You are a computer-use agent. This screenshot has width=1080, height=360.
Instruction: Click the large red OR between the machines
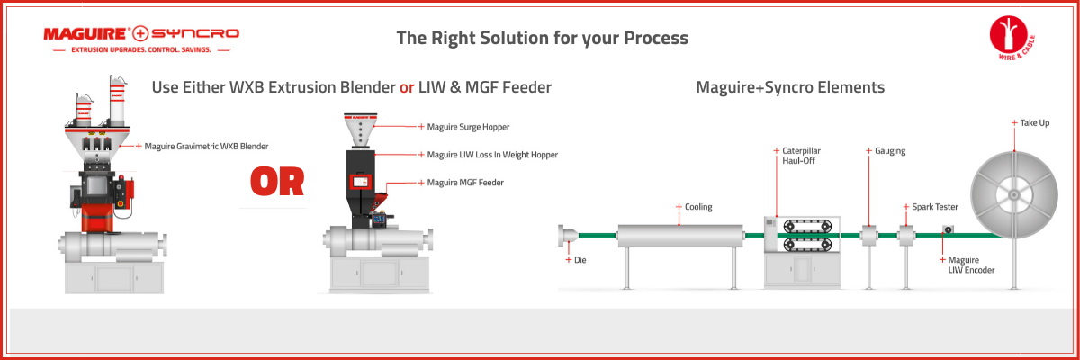pyautogui.click(x=277, y=182)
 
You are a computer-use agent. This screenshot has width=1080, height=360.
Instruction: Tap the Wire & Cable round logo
pyautogui.click(x=1012, y=38)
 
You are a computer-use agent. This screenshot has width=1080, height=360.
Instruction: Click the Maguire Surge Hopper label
pyautogui.click(x=468, y=127)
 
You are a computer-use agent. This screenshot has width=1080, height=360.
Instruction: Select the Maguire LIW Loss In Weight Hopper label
pyautogui.click(x=492, y=155)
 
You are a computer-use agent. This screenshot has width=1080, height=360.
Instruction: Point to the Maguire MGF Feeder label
pyautogui.click(x=465, y=183)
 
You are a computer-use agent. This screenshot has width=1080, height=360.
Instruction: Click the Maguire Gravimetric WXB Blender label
pyautogui.click(x=206, y=146)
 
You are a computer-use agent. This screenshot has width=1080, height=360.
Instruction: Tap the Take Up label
pyautogui.click(x=1035, y=123)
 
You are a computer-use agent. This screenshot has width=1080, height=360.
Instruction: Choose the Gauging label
pyautogui.click(x=890, y=151)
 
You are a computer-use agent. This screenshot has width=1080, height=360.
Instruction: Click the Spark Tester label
pyautogui.click(x=935, y=207)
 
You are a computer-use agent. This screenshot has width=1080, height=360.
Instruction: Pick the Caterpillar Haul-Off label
pyautogui.click(x=801, y=156)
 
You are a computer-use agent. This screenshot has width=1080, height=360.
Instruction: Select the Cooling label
pyautogui.click(x=698, y=207)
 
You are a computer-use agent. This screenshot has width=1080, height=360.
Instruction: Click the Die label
pyautogui.click(x=580, y=260)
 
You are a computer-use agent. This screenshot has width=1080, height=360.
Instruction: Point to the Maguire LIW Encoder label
pyautogui.click(x=971, y=265)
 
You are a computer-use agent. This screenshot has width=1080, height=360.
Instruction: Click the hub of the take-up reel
pyautogui.click(x=1014, y=194)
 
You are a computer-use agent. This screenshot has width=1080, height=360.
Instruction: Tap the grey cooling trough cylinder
pyautogui.click(x=680, y=236)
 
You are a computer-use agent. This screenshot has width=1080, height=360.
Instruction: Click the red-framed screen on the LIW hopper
pyautogui.click(x=361, y=182)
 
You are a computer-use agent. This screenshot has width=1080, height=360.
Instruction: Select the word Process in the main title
pyautogui.click(x=656, y=38)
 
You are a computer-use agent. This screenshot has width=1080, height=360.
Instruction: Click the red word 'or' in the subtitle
pyautogui.click(x=407, y=87)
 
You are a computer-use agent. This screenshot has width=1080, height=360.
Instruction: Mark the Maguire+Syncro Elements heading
pyautogui.click(x=790, y=87)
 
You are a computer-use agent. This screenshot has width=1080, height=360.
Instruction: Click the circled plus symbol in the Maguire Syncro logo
pyautogui.click(x=140, y=33)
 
